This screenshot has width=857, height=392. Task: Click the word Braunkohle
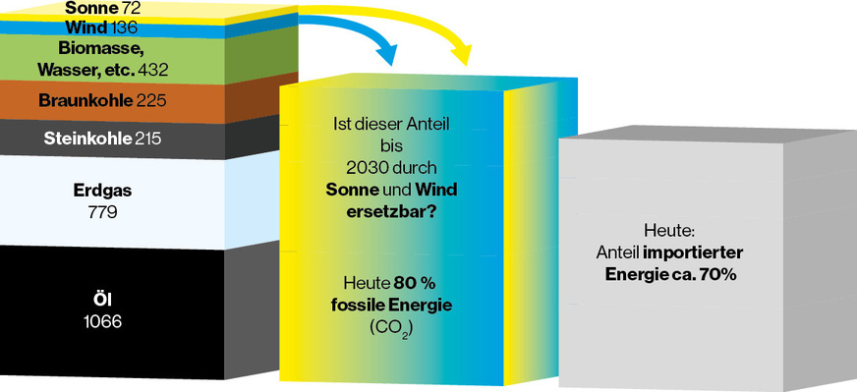[81, 99]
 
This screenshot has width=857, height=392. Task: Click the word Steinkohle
[86, 139]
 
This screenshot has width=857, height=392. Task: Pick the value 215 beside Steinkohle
[147, 139]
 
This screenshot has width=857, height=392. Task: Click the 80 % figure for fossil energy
[416, 284]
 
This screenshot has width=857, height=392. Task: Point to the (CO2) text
[391, 326]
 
